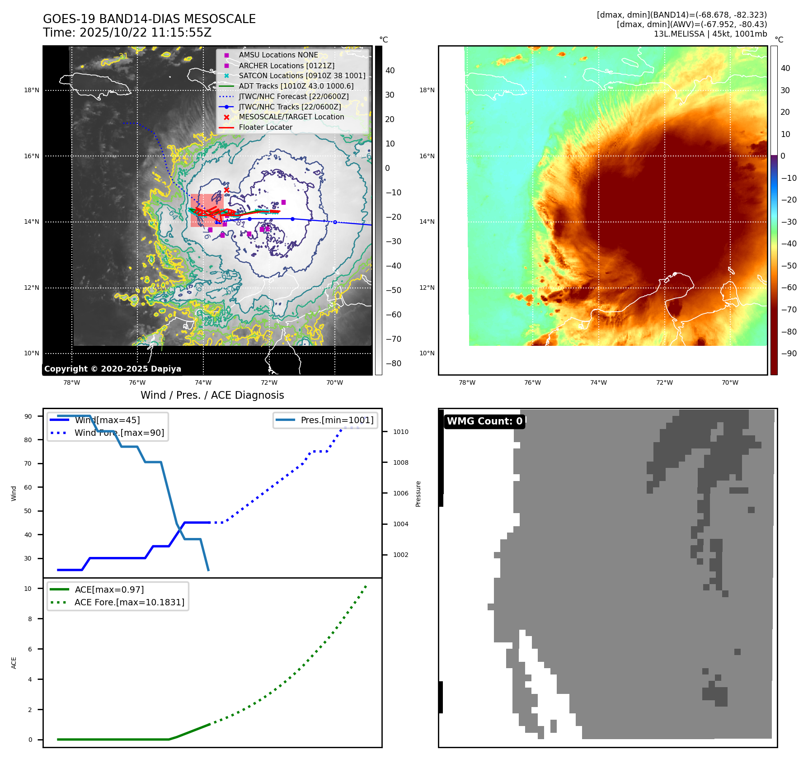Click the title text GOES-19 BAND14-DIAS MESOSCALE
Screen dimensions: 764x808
click(149, 19)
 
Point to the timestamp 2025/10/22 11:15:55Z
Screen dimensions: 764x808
click(145, 33)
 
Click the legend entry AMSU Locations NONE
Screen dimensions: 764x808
click(278, 55)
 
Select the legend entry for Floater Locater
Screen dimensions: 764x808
click(265, 127)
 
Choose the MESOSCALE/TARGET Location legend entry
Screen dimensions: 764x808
click(291, 117)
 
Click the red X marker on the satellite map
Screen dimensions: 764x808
click(226, 190)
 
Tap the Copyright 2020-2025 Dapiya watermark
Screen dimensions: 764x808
click(113, 369)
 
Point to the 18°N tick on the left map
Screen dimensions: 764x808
click(32, 90)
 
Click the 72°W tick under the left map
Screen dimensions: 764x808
click(269, 383)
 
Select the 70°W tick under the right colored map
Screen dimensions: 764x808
click(730, 383)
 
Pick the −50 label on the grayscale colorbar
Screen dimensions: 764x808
click(393, 290)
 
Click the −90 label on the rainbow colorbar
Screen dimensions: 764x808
click(789, 354)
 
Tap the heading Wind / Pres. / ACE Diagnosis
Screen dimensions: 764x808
click(212, 396)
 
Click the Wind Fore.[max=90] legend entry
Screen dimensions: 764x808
click(119, 433)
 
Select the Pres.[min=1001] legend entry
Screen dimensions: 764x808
click(337, 420)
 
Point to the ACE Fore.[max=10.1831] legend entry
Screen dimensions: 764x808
click(129, 603)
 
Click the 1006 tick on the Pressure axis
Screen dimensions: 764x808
click(400, 494)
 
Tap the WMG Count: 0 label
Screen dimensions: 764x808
click(484, 421)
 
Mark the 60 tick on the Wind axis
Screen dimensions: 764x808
click(28, 487)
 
